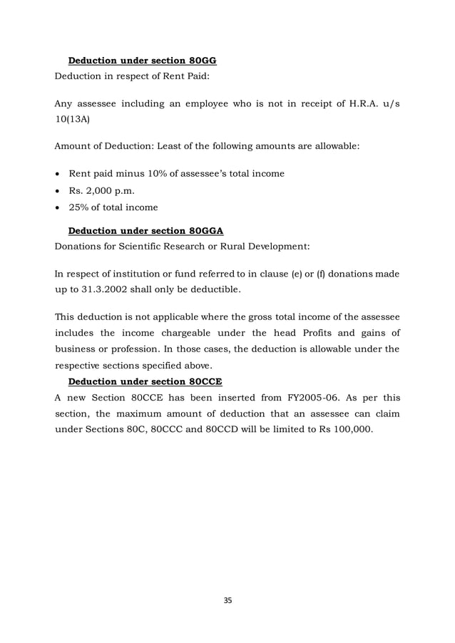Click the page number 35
click(227, 601)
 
